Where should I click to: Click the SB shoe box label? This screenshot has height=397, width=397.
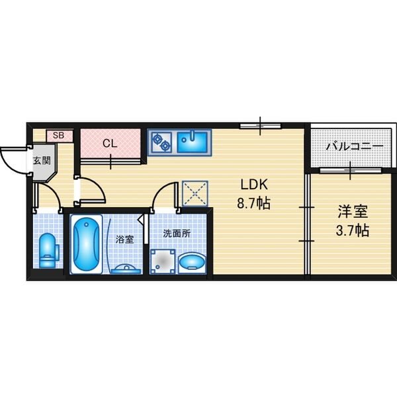point(58,136)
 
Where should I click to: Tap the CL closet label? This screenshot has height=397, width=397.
point(110,144)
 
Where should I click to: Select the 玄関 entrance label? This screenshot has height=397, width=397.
point(42,160)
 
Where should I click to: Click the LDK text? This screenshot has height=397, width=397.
point(254,185)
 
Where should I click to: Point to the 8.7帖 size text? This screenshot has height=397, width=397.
point(253,203)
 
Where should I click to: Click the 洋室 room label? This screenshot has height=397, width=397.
point(353,212)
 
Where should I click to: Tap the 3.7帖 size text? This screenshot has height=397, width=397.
point(352,230)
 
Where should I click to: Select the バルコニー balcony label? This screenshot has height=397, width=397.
point(355,146)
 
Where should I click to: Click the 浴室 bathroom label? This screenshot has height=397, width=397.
point(124,239)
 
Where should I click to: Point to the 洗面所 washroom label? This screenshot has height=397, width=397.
point(177,234)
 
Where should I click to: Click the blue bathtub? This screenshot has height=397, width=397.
point(86,244)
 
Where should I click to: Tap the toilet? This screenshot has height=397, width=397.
point(48,250)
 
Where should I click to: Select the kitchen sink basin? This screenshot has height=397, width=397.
point(193,143)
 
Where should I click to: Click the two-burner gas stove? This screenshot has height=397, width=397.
point(161,142)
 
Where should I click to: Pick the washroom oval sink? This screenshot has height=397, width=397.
point(192,263)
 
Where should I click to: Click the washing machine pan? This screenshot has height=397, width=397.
point(163,261)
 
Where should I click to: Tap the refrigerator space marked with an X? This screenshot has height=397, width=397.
point(195,193)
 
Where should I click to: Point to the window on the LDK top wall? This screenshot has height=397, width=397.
point(260,126)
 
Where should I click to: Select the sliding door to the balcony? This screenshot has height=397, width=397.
point(351,171)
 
